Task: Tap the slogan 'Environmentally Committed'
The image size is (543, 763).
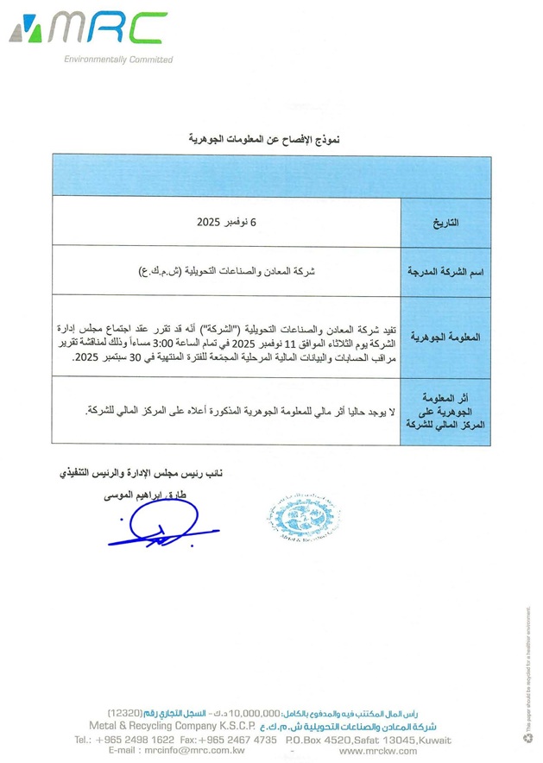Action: coord(118,60)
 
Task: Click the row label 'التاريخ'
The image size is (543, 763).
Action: coord(445,223)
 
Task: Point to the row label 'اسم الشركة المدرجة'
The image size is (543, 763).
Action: coord(445,271)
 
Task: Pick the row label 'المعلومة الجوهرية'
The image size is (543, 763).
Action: coord(445,336)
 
